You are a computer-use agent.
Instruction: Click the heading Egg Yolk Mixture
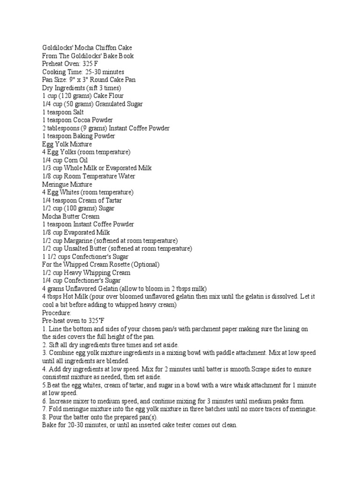point(67,144)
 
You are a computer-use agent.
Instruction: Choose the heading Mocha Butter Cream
point(71,217)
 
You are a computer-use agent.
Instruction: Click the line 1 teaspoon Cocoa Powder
point(77,120)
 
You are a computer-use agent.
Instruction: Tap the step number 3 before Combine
point(44,352)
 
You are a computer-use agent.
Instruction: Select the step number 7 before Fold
point(44,409)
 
